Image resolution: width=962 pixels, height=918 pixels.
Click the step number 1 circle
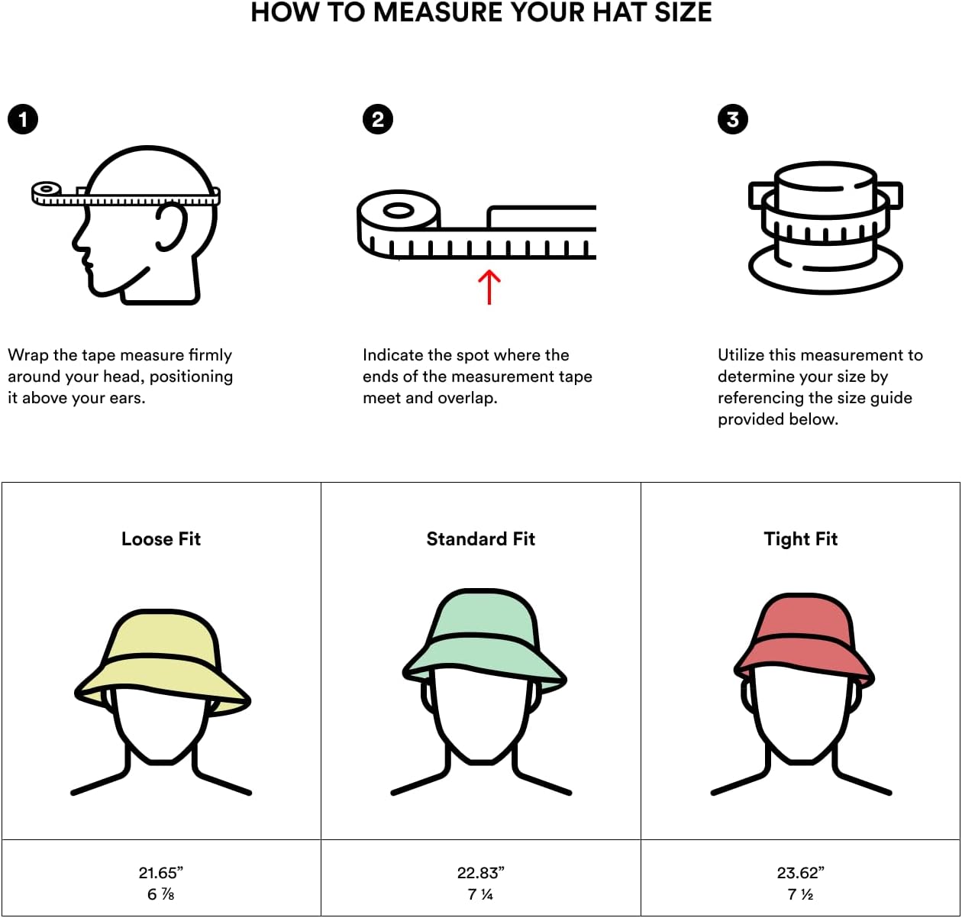point(23,119)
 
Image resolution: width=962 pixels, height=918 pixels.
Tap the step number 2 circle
point(378,119)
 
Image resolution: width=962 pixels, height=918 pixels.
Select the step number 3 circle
point(733,119)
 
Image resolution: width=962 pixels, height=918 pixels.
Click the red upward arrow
point(489,286)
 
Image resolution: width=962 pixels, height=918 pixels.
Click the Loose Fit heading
point(161,539)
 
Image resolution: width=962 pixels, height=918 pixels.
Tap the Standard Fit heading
point(481,539)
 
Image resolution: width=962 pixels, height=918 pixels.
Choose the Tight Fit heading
point(801,539)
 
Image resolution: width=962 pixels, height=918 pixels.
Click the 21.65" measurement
point(161,872)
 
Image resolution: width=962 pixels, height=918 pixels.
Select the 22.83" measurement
point(481,872)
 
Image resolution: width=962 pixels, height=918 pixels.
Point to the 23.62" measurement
point(801,872)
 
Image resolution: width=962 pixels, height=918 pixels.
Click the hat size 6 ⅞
point(161,894)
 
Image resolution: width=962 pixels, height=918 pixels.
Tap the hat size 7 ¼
point(481,894)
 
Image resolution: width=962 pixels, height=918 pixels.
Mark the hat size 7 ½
point(801,894)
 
